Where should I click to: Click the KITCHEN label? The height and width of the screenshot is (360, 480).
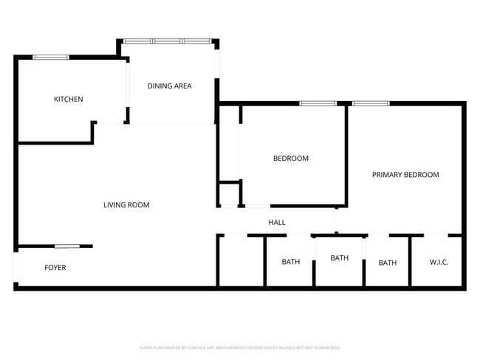[x=68, y=99]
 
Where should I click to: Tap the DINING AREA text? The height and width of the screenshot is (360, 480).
[x=169, y=86]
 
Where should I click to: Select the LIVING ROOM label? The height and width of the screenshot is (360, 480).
[x=126, y=204]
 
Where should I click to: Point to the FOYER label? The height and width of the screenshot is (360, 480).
[x=55, y=267]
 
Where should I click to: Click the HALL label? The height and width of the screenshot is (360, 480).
[x=276, y=222]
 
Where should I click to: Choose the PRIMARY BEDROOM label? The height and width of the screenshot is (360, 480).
[x=405, y=175]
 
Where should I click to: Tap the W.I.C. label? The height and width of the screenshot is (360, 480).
[x=439, y=263]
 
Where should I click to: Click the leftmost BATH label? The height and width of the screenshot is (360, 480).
[x=290, y=262]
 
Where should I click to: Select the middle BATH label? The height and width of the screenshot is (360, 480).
[x=339, y=257]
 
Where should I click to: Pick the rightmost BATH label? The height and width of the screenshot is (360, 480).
[x=387, y=263]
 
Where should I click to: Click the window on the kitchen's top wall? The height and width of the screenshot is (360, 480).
[x=51, y=57]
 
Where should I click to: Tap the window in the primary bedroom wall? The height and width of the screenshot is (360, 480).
[x=371, y=103]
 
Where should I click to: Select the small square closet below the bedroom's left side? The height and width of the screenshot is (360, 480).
[x=229, y=194]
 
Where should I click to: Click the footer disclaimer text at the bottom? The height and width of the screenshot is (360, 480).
[x=239, y=347]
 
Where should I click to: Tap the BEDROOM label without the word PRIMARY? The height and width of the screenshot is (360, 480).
[x=290, y=158]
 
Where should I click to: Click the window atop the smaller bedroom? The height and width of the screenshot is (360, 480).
[x=318, y=103]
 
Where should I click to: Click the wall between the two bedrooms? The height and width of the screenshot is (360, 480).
[x=346, y=155]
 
